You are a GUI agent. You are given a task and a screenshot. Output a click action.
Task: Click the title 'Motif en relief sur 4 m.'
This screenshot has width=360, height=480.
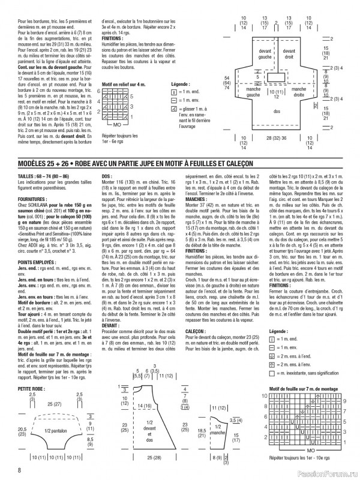(x=124, y=85)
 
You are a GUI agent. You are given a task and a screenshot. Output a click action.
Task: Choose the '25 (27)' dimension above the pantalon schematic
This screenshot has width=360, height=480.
(x=53, y=405)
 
